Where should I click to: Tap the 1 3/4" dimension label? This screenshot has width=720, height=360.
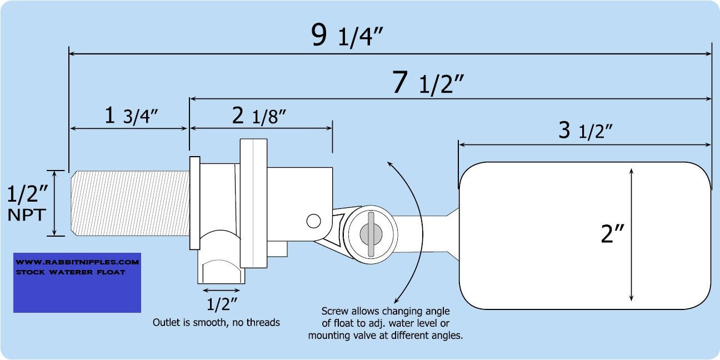(x=132, y=116)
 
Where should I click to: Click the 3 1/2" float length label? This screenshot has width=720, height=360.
(x=585, y=131)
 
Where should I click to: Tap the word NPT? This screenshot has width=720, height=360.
(x=26, y=215)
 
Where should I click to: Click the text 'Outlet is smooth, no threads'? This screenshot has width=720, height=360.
(x=216, y=322)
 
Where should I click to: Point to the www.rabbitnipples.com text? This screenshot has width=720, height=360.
(x=77, y=261)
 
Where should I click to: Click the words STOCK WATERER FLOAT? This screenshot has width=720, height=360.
(x=71, y=272)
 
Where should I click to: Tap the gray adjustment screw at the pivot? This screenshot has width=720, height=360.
(x=370, y=233)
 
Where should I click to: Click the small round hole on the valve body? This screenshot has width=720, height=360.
(x=313, y=221)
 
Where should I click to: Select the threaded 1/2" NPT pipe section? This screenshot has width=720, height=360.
(x=131, y=203)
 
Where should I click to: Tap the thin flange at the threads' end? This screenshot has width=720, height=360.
(x=194, y=203)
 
